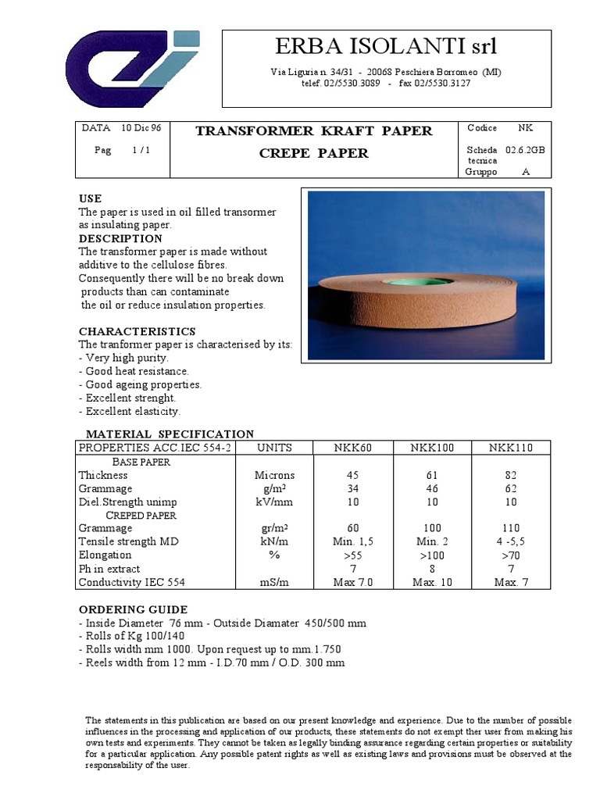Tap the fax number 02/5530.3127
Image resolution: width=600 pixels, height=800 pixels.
click(442, 84)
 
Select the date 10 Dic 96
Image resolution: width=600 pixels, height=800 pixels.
click(141, 128)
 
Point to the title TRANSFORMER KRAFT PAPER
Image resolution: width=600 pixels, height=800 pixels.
click(313, 131)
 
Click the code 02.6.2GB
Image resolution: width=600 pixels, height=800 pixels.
click(526, 149)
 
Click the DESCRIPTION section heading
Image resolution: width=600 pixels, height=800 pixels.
click(120, 238)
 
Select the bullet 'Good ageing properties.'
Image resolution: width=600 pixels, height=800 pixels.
click(141, 384)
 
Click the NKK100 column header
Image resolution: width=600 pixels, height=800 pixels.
click(430, 448)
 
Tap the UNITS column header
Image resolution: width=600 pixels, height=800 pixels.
click(274, 448)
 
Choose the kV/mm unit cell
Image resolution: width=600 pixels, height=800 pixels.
click(274, 502)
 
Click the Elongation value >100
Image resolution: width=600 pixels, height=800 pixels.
click(430, 555)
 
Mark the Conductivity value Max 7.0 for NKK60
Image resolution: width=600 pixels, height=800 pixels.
click(352, 581)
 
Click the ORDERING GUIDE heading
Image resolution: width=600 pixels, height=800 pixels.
click(133, 609)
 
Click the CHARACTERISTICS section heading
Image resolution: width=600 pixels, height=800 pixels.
click(137, 331)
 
